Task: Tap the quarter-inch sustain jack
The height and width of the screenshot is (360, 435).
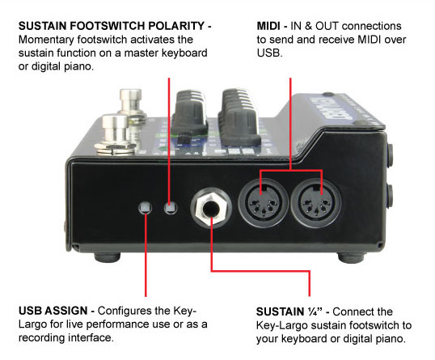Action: [211, 208]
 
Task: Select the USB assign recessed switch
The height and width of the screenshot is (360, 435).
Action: [145, 208]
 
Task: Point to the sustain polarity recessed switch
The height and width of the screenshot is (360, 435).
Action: [171, 208]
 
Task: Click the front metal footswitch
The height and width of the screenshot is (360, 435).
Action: [115, 134]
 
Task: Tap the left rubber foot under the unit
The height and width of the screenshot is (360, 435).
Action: [108, 256]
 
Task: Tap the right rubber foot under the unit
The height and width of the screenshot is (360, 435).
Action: [350, 257]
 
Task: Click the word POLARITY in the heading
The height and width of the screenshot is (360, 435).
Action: [176, 26]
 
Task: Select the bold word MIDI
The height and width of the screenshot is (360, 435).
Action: [268, 26]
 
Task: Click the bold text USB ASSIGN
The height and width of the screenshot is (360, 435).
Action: [53, 311]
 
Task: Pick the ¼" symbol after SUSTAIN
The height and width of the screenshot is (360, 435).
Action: [315, 311]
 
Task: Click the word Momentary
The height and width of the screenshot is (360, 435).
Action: [46, 40]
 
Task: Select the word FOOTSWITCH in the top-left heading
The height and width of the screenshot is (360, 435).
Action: [108, 26]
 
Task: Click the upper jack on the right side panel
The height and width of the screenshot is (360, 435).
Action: [391, 155]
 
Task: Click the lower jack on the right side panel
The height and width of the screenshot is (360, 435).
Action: [391, 197]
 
